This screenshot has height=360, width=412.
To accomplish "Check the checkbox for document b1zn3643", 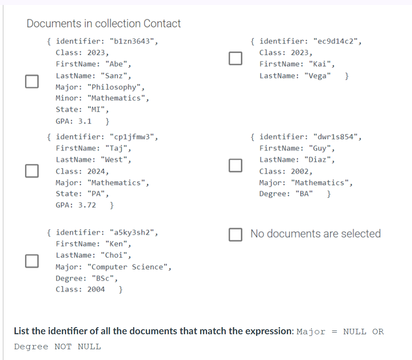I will tap(32, 81).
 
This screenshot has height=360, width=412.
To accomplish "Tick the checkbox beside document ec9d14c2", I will tap(235, 58).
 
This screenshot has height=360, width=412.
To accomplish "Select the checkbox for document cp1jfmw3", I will tap(32, 170).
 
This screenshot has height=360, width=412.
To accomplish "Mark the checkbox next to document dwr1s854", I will tap(235, 165).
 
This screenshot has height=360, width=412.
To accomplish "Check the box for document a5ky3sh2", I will tap(32, 260).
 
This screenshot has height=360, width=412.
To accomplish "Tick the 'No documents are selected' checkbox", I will tap(235, 234).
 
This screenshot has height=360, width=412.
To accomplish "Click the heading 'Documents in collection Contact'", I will tap(104, 24).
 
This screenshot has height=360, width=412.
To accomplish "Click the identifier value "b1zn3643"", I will tap(133, 42).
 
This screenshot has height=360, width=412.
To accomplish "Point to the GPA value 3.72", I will tap(87, 205).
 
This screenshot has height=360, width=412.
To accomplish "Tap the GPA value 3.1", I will tap(85, 121).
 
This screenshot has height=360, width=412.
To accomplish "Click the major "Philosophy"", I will tap(116, 87).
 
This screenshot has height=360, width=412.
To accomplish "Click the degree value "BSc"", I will tap(102, 278).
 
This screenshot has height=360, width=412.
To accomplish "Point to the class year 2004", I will tap(96, 289).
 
